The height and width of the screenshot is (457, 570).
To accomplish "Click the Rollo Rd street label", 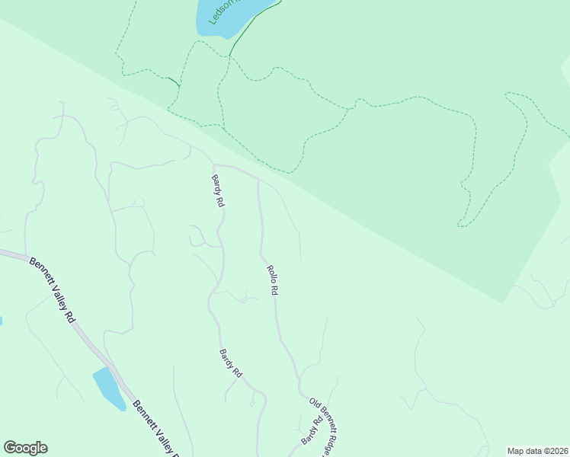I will pos(272,280).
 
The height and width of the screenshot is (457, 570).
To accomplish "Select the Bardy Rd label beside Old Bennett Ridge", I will pos(311,430).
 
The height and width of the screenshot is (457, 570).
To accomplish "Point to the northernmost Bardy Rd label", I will pos(218,191).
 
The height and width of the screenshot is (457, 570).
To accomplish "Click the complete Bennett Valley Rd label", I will pos(53,289).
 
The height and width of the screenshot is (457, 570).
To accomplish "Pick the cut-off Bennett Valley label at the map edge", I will pos(157,430).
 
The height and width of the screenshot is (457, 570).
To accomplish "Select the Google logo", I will pos(25,448).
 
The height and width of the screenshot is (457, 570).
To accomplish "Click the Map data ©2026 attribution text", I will pos(538,450).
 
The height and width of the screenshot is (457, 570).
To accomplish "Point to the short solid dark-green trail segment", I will pos(174,81).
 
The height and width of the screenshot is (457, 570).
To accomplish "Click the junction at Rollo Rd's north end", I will pos(258,181).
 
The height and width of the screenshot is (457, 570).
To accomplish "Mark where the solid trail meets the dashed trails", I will pos(229,56).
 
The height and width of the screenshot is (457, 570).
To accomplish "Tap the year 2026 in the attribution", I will pos(556,450).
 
